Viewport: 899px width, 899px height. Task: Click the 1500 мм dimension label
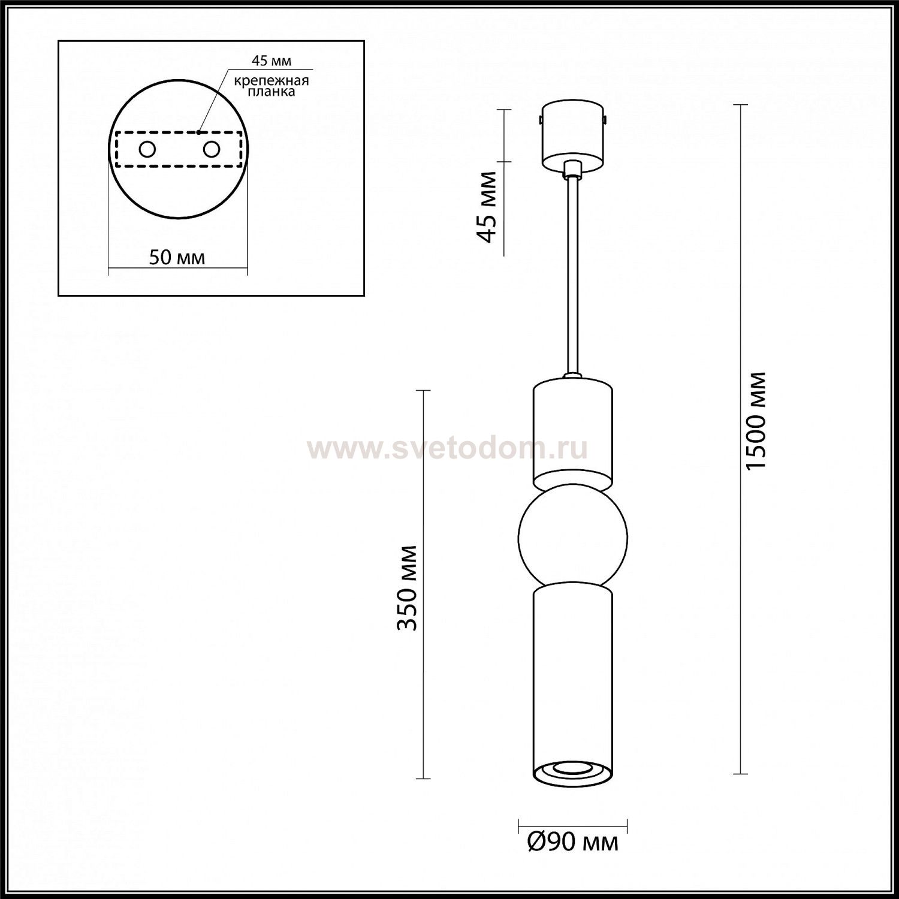[758, 421]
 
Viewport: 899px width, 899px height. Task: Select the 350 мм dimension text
[408, 588]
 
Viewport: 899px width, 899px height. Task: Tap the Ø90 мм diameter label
[572, 843]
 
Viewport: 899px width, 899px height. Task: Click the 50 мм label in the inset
[177, 258]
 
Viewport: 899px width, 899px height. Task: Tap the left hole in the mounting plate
[146, 149]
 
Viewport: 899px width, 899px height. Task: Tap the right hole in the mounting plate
[212, 149]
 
